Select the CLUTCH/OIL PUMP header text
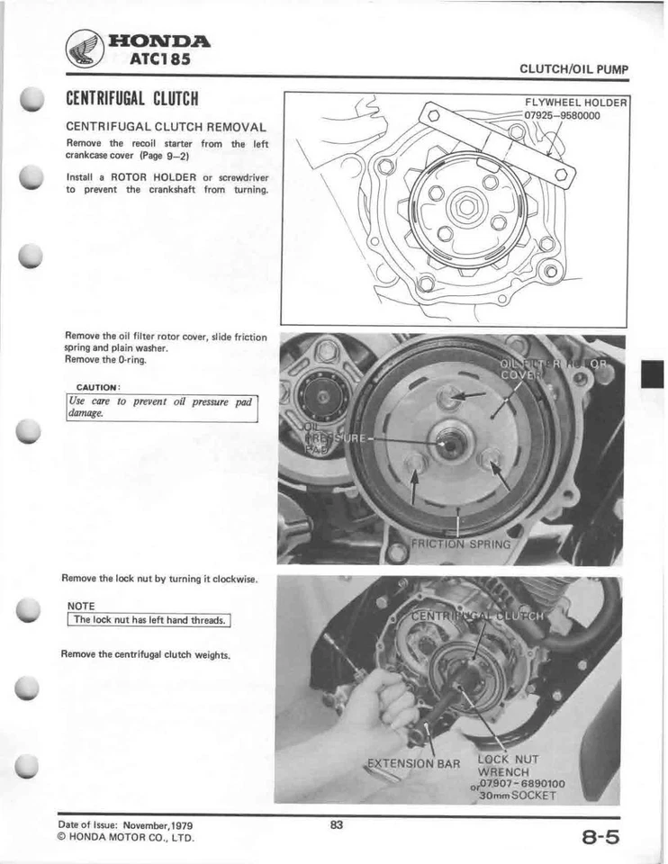(x=573, y=70)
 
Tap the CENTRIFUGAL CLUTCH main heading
(x=131, y=97)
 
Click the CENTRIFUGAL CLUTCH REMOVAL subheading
(x=166, y=127)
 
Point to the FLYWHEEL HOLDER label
(x=575, y=103)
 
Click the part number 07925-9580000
(x=563, y=115)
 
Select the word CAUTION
(x=98, y=387)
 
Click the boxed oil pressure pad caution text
(x=162, y=407)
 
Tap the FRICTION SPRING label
(x=460, y=544)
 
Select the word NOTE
(x=82, y=607)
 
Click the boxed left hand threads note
(x=149, y=620)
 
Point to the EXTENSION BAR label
(x=415, y=764)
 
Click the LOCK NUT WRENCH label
(x=510, y=765)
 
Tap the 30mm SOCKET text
(x=520, y=795)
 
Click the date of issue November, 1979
(x=125, y=825)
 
